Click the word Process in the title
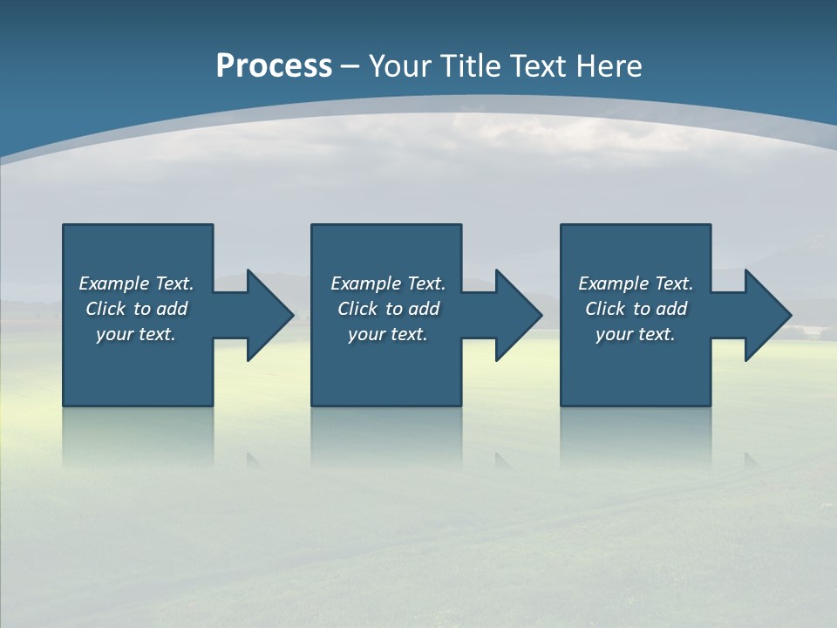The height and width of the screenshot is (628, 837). point(274,66)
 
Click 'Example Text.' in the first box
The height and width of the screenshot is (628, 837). point(136,283)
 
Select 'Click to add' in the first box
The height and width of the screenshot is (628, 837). point(136,309)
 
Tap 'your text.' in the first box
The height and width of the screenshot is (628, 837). point(136,334)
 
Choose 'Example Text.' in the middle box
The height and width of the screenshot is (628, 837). point(388,283)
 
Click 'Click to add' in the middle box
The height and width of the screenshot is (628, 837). point(388,309)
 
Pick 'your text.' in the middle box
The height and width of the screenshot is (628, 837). point(388,334)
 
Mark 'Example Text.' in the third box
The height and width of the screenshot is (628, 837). point(636,283)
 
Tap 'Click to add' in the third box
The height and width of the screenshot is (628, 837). point(636,309)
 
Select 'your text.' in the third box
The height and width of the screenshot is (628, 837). point(636,334)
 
